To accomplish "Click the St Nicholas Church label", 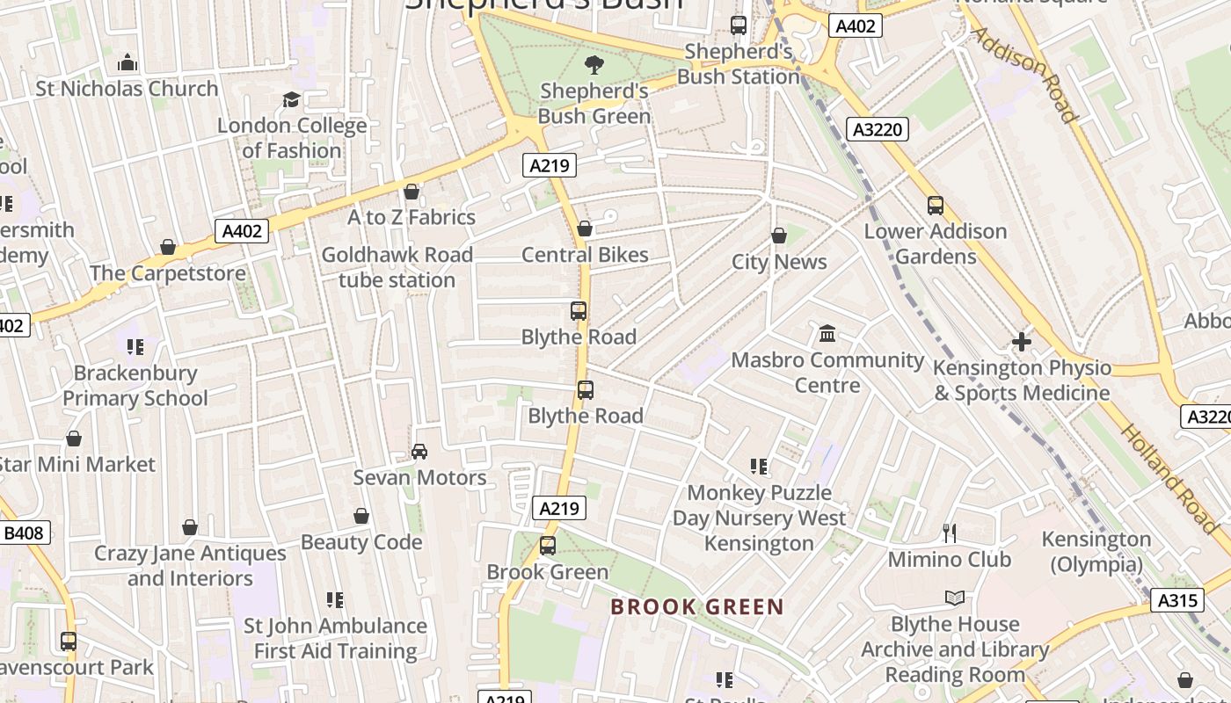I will click(127, 89).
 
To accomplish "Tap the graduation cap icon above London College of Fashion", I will click(291, 100).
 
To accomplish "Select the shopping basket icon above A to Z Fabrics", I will click(412, 192).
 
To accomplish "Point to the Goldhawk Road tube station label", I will click(397, 267).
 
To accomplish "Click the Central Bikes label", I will click(585, 255).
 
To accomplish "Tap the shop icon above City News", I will click(778, 236).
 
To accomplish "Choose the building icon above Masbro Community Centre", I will click(827, 334).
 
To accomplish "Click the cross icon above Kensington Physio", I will click(1022, 342).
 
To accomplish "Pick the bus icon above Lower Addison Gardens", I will click(936, 206).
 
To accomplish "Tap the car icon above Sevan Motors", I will click(419, 452).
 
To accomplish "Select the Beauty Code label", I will click(361, 542).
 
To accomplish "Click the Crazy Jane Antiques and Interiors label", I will click(190, 566).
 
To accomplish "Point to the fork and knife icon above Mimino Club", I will click(950, 533).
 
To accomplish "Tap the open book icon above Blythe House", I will click(955, 598).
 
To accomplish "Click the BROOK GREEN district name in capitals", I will click(696, 606).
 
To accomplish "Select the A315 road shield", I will click(1176, 600).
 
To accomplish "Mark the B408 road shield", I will click(24, 533).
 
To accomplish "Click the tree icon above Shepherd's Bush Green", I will click(594, 64).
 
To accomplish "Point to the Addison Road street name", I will click(1023, 75).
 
